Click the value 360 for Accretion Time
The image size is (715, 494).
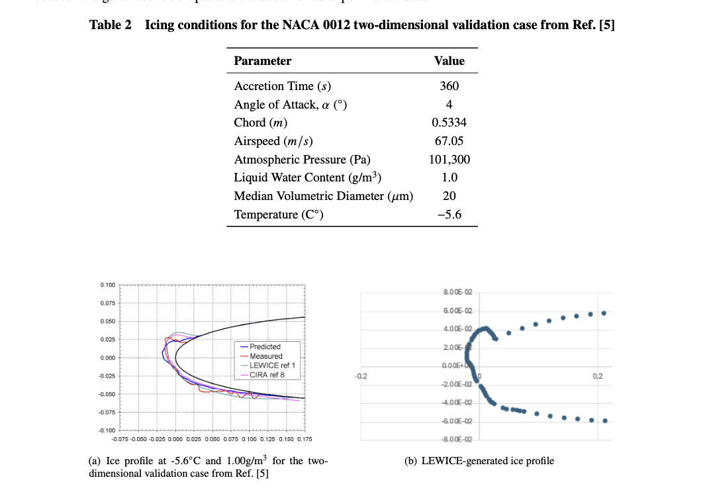tap(449, 86)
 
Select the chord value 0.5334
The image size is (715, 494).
tap(449, 123)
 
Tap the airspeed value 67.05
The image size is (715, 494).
tap(449, 141)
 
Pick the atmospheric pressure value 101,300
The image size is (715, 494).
tap(450, 160)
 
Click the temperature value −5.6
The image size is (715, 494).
tap(449, 215)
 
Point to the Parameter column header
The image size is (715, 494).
tap(263, 61)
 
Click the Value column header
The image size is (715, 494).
tap(449, 61)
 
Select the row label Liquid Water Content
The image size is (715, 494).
tap(308, 177)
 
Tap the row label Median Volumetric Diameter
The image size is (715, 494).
tap(323, 196)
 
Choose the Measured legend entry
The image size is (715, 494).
tap(265, 356)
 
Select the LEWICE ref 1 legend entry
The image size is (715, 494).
tap(271, 365)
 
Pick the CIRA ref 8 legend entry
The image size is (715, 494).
tap(268, 374)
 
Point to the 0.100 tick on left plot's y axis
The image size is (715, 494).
tap(107, 285)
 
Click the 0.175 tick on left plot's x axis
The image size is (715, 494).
tap(305, 438)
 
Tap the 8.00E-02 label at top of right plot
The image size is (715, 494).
tap(459, 292)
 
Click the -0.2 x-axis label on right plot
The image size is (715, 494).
tap(361, 376)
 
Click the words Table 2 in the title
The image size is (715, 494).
tap(110, 25)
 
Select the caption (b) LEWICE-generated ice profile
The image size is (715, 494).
tap(479, 461)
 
